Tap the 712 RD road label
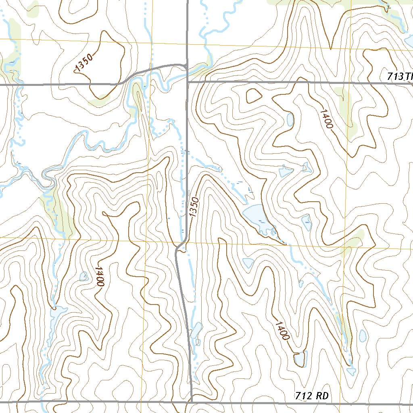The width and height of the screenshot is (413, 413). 311,396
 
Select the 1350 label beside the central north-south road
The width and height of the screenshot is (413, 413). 194,208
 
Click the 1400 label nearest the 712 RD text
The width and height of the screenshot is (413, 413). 282,330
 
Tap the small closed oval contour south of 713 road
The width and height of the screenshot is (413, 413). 253,96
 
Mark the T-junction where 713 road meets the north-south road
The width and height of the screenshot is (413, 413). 188,82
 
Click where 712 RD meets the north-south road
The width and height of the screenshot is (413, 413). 190,402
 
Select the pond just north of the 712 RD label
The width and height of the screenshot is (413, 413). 300,358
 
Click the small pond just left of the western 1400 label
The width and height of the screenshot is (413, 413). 83,276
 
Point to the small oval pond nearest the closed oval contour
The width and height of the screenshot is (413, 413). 290,119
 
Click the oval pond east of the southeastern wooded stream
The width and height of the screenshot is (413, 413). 362,335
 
